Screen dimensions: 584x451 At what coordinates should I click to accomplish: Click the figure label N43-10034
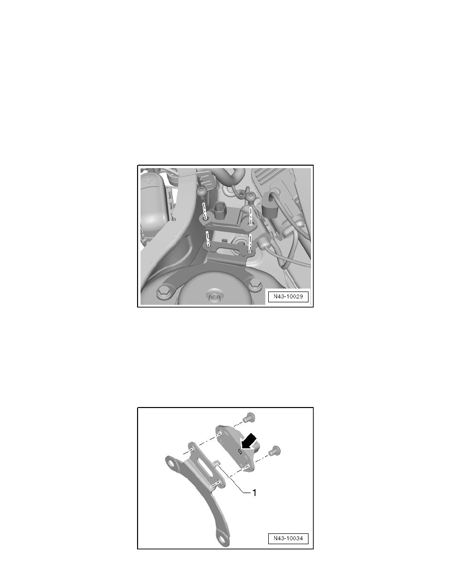287,538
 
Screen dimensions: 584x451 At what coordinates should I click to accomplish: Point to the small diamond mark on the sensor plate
239,451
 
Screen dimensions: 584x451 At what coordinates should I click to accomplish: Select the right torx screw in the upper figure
251,198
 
